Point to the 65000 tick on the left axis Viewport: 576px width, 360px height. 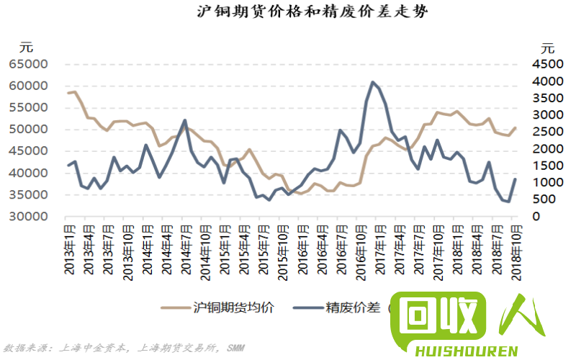(x=29, y=64)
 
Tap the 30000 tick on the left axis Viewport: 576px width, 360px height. (x=29, y=217)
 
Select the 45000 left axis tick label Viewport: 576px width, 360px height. (x=29, y=151)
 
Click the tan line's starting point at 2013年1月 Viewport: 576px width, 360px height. (x=69, y=93)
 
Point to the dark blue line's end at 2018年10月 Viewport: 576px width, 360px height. (x=516, y=179)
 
